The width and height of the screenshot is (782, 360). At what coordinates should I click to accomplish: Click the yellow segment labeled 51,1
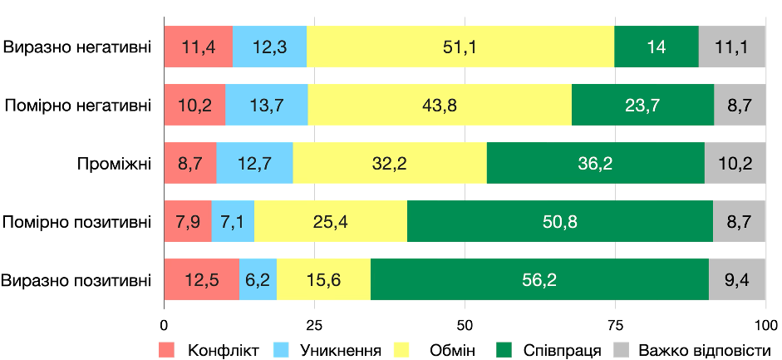pyautogui.click(x=460, y=47)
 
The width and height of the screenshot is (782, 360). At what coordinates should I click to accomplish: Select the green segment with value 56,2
pyautogui.click(x=539, y=279)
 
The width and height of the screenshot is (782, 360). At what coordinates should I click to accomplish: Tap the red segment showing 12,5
pyautogui.click(x=201, y=279)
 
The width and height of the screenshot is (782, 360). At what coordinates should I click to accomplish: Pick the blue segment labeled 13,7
pyautogui.click(x=266, y=105)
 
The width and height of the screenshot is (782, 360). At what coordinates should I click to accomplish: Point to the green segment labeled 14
pyautogui.click(x=657, y=47)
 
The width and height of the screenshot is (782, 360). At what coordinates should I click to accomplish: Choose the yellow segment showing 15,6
pyautogui.click(x=323, y=279)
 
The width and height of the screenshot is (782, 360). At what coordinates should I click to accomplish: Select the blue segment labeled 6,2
pyautogui.click(x=258, y=279)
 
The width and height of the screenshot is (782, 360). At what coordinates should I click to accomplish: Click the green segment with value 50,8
pyautogui.click(x=560, y=221)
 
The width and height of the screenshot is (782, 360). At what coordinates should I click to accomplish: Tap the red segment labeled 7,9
pyautogui.click(x=188, y=221)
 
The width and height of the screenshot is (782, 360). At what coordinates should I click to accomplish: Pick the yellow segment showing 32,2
pyautogui.click(x=390, y=163)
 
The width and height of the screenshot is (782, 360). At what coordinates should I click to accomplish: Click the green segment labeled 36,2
pyautogui.click(x=595, y=163)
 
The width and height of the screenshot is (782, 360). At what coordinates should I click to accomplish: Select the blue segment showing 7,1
pyautogui.click(x=233, y=221)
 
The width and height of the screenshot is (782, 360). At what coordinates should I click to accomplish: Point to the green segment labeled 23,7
pyautogui.click(x=642, y=105)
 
